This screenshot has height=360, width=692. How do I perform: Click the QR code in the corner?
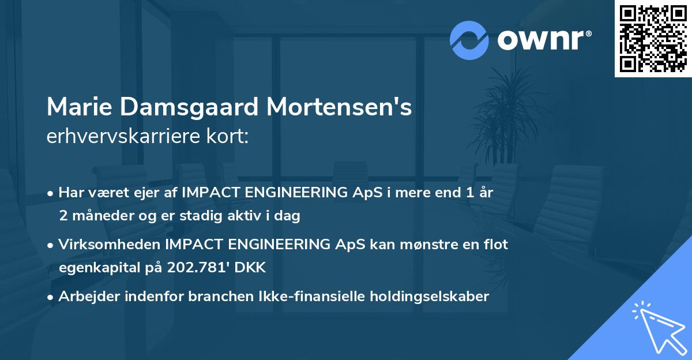653,39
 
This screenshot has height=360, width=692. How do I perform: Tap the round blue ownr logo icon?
469,40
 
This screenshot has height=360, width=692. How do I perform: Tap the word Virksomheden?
109,245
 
